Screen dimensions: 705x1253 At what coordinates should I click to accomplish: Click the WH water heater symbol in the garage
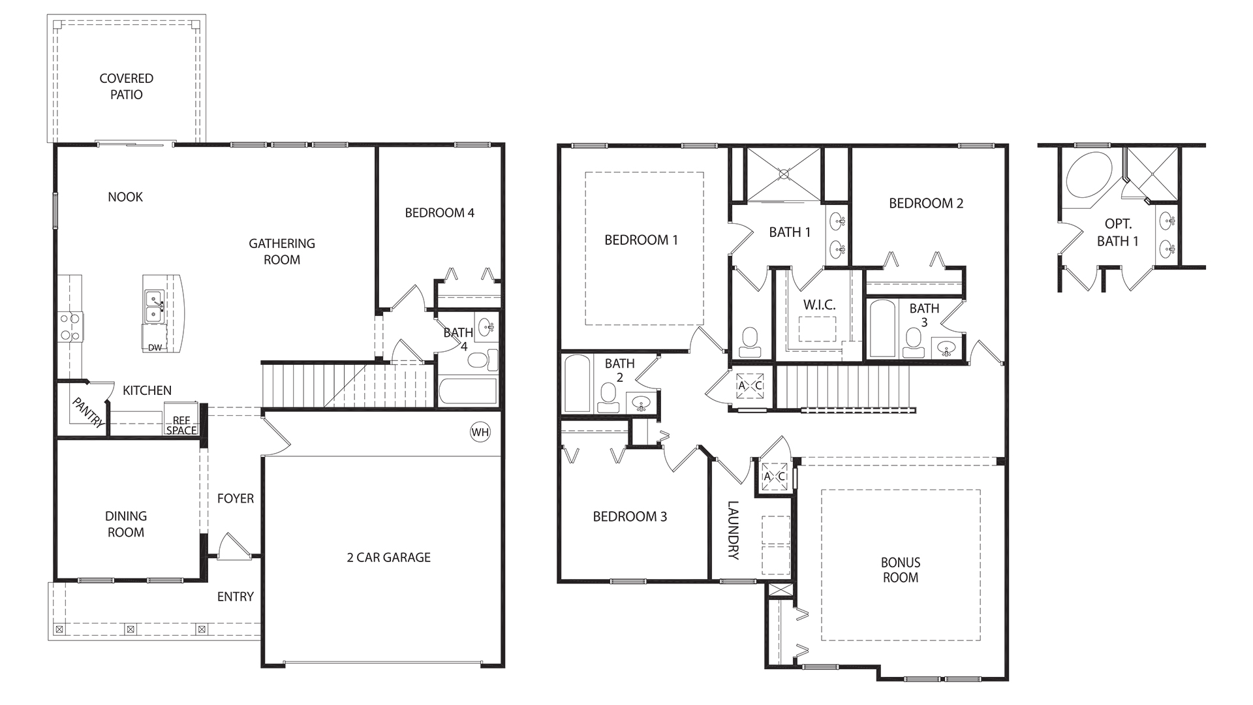(480, 432)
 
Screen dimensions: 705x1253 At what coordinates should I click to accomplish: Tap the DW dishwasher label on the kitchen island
(155, 347)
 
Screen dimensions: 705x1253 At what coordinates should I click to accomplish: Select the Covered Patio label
(127, 86)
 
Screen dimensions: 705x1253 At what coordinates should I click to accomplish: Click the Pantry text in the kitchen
(87, 413)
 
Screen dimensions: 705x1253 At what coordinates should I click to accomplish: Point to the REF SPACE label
(181, 426)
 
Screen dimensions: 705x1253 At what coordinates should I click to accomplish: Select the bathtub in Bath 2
(577, 384)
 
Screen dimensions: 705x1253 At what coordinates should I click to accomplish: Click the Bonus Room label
(900, 570)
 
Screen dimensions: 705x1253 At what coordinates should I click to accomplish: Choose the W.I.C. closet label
(819, 305)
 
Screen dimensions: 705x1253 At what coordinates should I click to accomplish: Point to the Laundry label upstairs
(734, 530)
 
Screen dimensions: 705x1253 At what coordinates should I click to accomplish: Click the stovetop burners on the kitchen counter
(70, 327)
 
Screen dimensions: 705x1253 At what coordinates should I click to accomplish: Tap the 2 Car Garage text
(388, 557)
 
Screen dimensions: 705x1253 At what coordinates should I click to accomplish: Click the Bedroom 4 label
(439, 213)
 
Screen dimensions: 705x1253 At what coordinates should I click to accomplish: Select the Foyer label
(235, 499)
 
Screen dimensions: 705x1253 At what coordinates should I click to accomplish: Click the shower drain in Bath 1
(784, 174)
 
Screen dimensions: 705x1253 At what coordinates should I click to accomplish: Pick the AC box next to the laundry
(774, 477)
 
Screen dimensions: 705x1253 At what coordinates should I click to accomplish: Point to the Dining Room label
(126, 524)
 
